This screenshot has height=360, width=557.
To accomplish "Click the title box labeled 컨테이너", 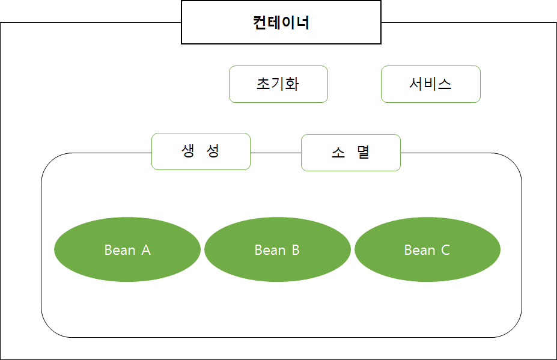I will [x=281, y=22].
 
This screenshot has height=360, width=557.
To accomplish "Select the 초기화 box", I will [x=278, y=84].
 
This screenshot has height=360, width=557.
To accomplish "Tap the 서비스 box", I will [x=431, y=84].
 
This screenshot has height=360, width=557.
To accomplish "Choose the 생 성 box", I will [x=201, y=151].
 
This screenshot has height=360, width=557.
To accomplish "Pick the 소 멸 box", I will [x=350, y=153].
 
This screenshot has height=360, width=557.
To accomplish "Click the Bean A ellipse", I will [x=127, y=249].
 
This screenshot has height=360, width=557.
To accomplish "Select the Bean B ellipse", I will [x=278, y=249].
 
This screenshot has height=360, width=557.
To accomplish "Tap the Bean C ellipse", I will [x=427, y=249].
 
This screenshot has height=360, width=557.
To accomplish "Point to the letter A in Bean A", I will [x=146, y=250].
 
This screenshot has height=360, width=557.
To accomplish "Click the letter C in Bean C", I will [x=445, y=250].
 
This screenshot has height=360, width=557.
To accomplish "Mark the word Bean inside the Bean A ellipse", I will [x=120, y=250].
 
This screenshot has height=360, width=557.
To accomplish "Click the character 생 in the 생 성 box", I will [x=189, y=151].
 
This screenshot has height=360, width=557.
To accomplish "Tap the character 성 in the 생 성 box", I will [x=213, y=151].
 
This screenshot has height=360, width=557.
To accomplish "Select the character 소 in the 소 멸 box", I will [x=338, y=153].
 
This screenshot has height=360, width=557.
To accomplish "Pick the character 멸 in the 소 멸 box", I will [x=363, y=153].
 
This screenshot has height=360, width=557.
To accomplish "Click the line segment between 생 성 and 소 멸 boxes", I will [x=275, y=153].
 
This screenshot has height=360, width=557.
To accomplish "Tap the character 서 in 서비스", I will [x=416, y=84].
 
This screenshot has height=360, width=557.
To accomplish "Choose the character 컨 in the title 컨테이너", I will [x=260, y=23].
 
